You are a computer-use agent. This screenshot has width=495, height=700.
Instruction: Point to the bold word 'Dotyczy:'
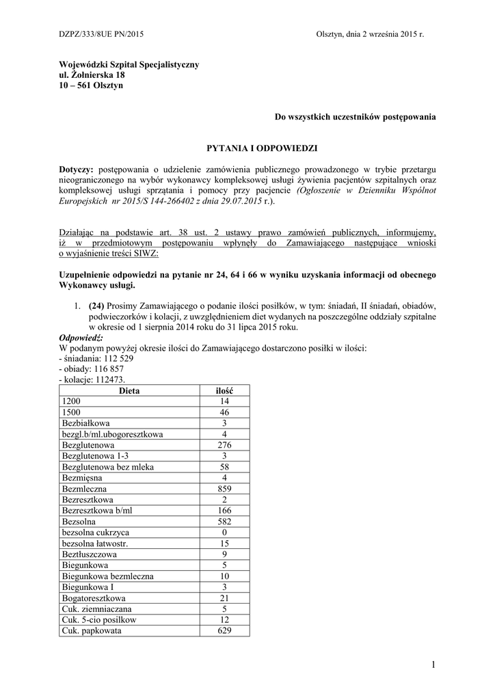click(78, 169)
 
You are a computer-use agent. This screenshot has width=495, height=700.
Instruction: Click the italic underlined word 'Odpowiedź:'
click(81, 338)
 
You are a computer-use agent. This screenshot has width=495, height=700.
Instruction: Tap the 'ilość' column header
click(224, 390)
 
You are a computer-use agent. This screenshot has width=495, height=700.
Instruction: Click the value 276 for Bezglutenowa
click(224, 445)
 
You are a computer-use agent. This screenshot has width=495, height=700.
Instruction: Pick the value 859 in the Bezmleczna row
click(224, 489)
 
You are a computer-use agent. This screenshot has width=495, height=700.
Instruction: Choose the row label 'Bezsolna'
click(79, 522)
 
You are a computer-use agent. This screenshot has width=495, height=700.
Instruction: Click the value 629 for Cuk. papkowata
click(224, 631)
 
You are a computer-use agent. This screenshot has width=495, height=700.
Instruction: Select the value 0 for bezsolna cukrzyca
click(224, 533)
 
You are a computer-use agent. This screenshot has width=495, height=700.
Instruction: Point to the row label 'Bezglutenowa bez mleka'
click(107, 467)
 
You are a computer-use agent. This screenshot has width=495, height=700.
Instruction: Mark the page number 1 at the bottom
click(433, 664)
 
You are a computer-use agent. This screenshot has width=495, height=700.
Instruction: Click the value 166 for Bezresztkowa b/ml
click(224, 511)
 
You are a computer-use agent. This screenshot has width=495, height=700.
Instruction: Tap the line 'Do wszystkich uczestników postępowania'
click(355, 118)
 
